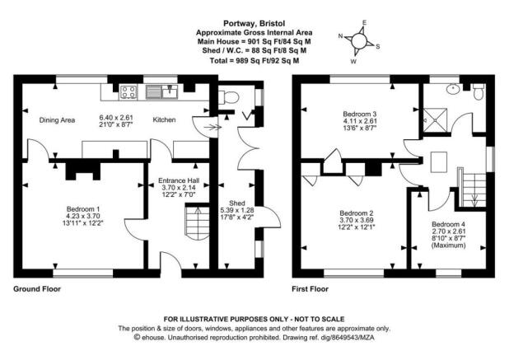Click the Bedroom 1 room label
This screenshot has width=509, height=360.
[83, 208]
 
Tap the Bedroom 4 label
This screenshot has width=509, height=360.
[448, 224]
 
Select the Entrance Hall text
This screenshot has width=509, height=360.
[179, 180]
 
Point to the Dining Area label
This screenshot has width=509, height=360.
[57, 120]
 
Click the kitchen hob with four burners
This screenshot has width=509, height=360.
[128, 91]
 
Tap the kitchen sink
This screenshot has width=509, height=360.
[161, 91]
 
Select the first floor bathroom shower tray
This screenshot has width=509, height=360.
[436, 120]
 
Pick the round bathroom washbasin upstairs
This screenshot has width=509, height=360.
[452, 89]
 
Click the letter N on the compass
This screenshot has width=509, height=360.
[340, 35]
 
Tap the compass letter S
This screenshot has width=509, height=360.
[378, 47]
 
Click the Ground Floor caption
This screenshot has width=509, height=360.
[37, 289]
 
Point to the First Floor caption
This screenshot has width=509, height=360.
[310, 289]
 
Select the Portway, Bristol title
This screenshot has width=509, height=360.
[254, 23]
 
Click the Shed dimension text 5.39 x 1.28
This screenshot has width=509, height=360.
[237, 210]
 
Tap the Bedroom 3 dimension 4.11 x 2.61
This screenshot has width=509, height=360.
[360, 121]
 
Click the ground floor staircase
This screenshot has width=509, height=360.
[198, 222]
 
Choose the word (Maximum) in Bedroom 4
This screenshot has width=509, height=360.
[448, 245]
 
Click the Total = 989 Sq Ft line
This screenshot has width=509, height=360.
[254, 61]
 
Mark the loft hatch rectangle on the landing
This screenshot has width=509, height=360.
[439, 162]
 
